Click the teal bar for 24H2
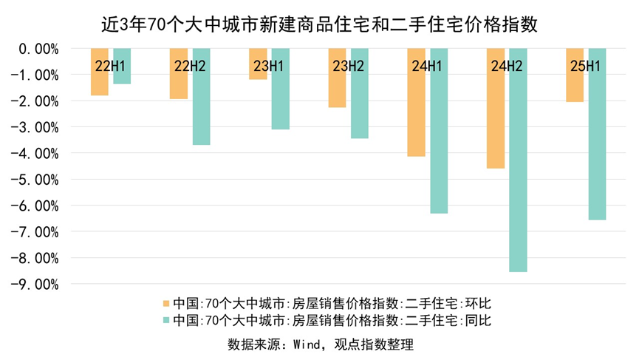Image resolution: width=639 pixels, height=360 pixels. coord(518,170)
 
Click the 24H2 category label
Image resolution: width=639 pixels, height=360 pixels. coord(507,67)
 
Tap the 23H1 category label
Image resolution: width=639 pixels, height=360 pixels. coord(269,67)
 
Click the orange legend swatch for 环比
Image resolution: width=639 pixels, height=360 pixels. coord(166,303)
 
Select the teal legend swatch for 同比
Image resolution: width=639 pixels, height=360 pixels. coord(166,320)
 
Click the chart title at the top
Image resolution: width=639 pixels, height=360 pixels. coord(319,24)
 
